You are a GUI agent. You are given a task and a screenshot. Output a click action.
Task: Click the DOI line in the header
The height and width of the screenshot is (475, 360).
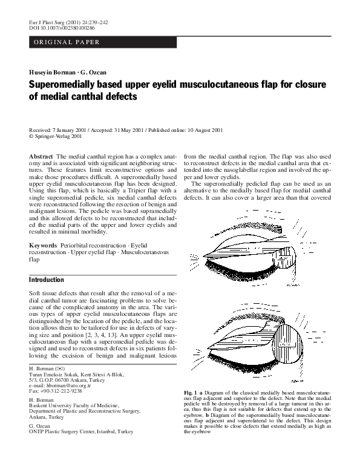pyautogui.click(x=62, y=28)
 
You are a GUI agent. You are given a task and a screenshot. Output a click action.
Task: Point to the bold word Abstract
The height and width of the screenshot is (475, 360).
pyautogui.click(x=41, y=156)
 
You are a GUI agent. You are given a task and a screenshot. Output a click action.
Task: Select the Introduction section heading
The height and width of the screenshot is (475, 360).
pyautogui.click(x=47, y=280)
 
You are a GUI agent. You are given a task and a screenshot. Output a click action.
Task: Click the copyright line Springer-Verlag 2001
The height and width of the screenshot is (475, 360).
pyautogui.click(x=58, y=136)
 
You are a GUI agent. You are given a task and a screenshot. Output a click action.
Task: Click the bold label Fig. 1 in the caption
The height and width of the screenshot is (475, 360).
pyautogui.click(x=192, y=394)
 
